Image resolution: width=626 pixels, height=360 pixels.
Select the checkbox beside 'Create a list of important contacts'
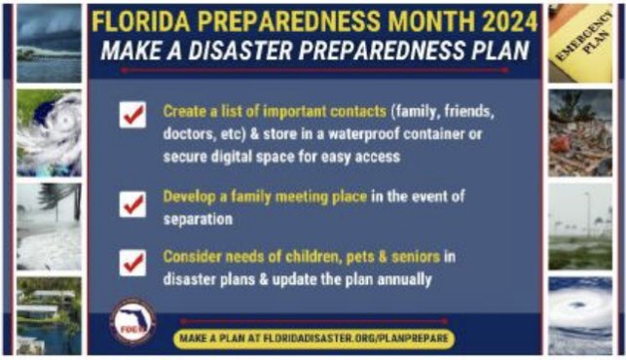click(x=132, y=114)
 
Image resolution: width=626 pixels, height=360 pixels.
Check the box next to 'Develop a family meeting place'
click(x=132, y=203)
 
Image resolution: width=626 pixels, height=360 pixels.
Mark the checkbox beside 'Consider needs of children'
click(x=132, y=263)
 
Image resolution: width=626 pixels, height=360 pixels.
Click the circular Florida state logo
click(x=133, y=322)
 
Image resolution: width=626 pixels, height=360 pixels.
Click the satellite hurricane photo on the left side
click(x=49, y=132)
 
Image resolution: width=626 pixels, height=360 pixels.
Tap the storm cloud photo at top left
click(x=49, y=43)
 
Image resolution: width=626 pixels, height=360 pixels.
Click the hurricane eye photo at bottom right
click(x=580, y=313)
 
